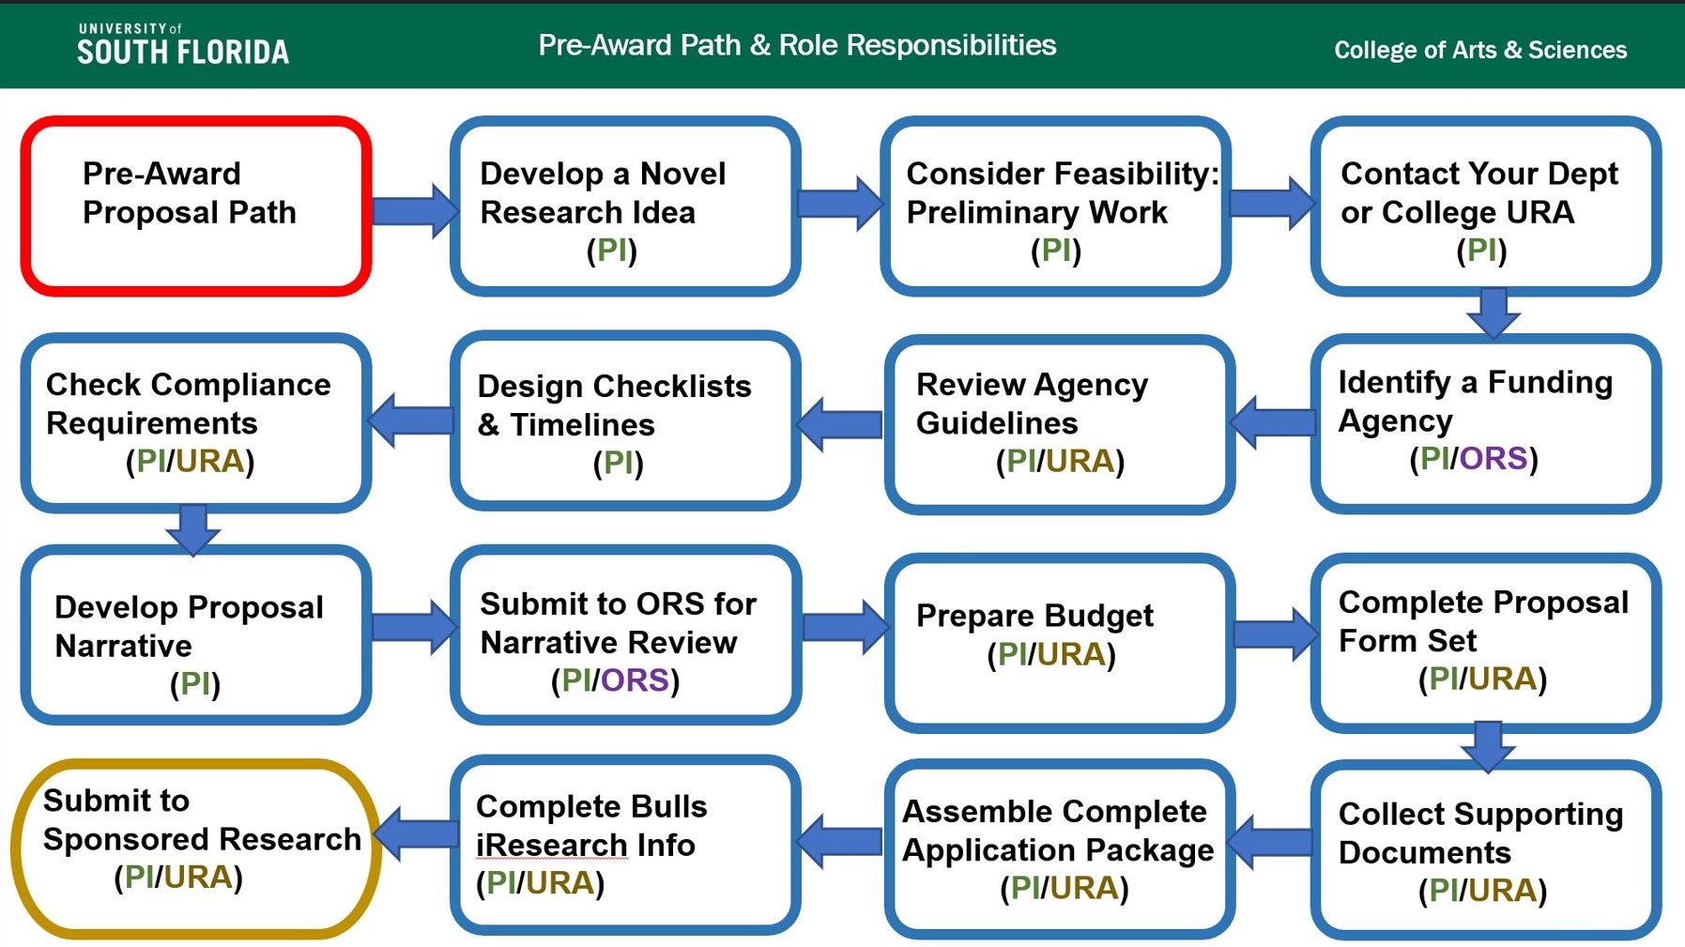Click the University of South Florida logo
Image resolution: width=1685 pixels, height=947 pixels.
(x=183, y=45)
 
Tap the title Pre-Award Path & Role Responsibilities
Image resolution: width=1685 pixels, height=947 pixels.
(x=797, y=45)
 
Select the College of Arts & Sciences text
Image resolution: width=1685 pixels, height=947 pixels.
(x=1479, y=50)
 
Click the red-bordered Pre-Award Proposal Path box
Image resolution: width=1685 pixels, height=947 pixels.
(x=195, y=206)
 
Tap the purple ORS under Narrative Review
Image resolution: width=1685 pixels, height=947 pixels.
(x=635, y=680)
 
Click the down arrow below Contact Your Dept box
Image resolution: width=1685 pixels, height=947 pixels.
(x=1493, y=313)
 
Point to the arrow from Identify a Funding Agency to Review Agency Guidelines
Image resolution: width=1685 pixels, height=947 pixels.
(x=1273, y=422)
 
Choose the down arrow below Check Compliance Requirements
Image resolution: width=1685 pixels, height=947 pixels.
(x=193, y=529)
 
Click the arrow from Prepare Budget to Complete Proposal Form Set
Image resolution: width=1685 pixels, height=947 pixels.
(x=1275, y=634)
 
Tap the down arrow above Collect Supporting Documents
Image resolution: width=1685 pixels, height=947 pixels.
(x=1488, y=745)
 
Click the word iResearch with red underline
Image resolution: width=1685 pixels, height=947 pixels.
(x=551, y=845)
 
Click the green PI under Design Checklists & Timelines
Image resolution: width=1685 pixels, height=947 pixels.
(x=618, y=462)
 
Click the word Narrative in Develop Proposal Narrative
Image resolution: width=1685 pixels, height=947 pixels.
(x=123, y=646)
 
